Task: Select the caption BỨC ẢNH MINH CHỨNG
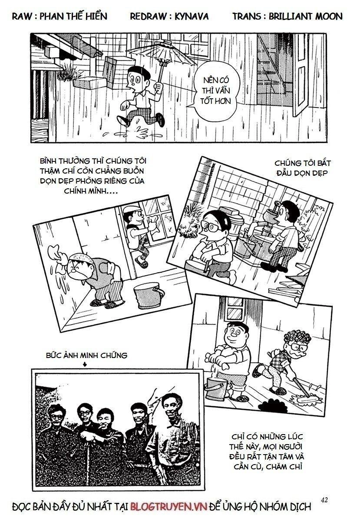tap(86, 355)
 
